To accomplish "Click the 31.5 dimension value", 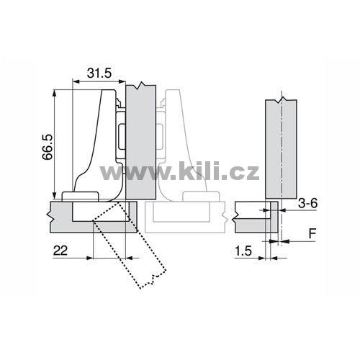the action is tap(99, 73).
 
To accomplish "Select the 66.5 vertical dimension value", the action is tap(48, 147).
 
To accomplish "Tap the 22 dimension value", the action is tap(60, 251).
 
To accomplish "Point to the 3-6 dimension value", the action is tap(307, 204).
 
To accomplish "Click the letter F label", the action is tap(312, 233).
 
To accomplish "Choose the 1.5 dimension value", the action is tap(243, 251).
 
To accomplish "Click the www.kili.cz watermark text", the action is tap(179, 171).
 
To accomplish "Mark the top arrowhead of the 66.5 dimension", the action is tap(55, 93).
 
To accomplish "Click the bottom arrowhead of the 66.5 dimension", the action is tap(55, 195).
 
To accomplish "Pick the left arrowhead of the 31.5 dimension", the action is tap(76, 81).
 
